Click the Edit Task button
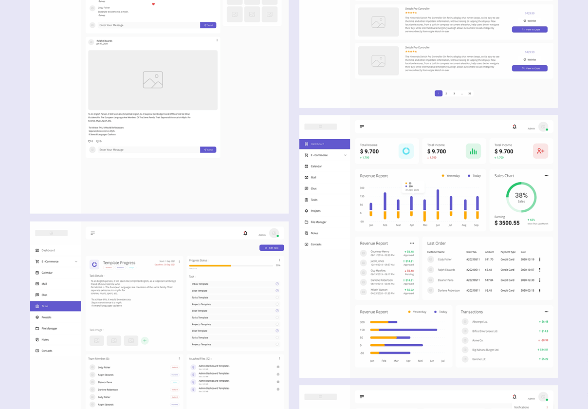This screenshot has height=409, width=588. (272, 248)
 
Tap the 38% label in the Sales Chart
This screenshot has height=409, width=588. (521, 195)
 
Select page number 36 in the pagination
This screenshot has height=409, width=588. (470, 93)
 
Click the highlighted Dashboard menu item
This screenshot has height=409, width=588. (324, 144)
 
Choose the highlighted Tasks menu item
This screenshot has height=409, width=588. (55, 306)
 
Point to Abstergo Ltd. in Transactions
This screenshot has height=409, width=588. (480, 322)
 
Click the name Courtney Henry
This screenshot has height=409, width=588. (380, 252)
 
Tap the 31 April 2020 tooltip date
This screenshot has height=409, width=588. (412, 190)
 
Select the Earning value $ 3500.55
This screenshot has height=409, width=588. (507, 223)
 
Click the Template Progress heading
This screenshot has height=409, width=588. (119, 263)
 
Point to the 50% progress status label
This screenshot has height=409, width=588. (278, 265)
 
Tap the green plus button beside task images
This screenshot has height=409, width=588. (145, 341)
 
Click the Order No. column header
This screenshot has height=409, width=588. (471, 252)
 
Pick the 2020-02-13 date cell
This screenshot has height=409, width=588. (527, 290)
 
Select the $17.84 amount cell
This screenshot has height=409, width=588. (489, 280)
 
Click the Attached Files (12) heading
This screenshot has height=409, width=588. (200, 359)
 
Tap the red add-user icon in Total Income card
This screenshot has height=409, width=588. (540, 151)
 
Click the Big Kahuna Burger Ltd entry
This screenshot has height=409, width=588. (485, 350)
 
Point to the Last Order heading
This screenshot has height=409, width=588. (436, 243)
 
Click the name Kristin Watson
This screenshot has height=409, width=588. (379, 290)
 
